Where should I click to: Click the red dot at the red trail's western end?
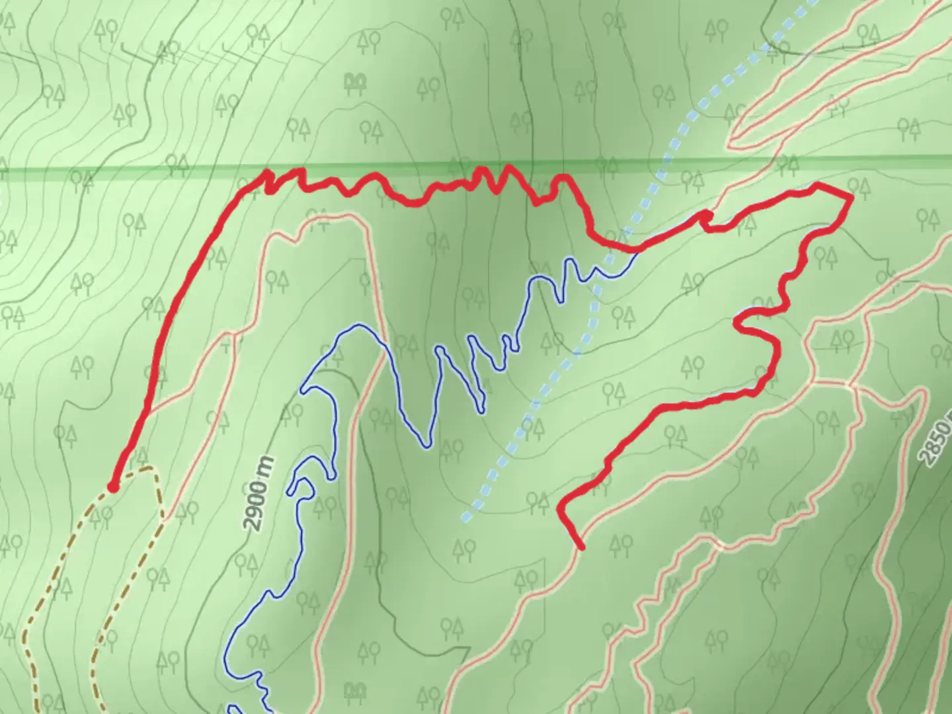[113, 487]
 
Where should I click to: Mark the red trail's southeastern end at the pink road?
[581, 547]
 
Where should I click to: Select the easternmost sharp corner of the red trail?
[850, 196]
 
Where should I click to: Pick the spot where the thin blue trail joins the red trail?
[637, 251]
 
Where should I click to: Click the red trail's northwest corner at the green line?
[268, 173]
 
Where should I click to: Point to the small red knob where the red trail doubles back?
[706, 216]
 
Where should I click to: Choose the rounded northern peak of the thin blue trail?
[358, 325]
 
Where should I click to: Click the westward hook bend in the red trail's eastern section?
[739, 323]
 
